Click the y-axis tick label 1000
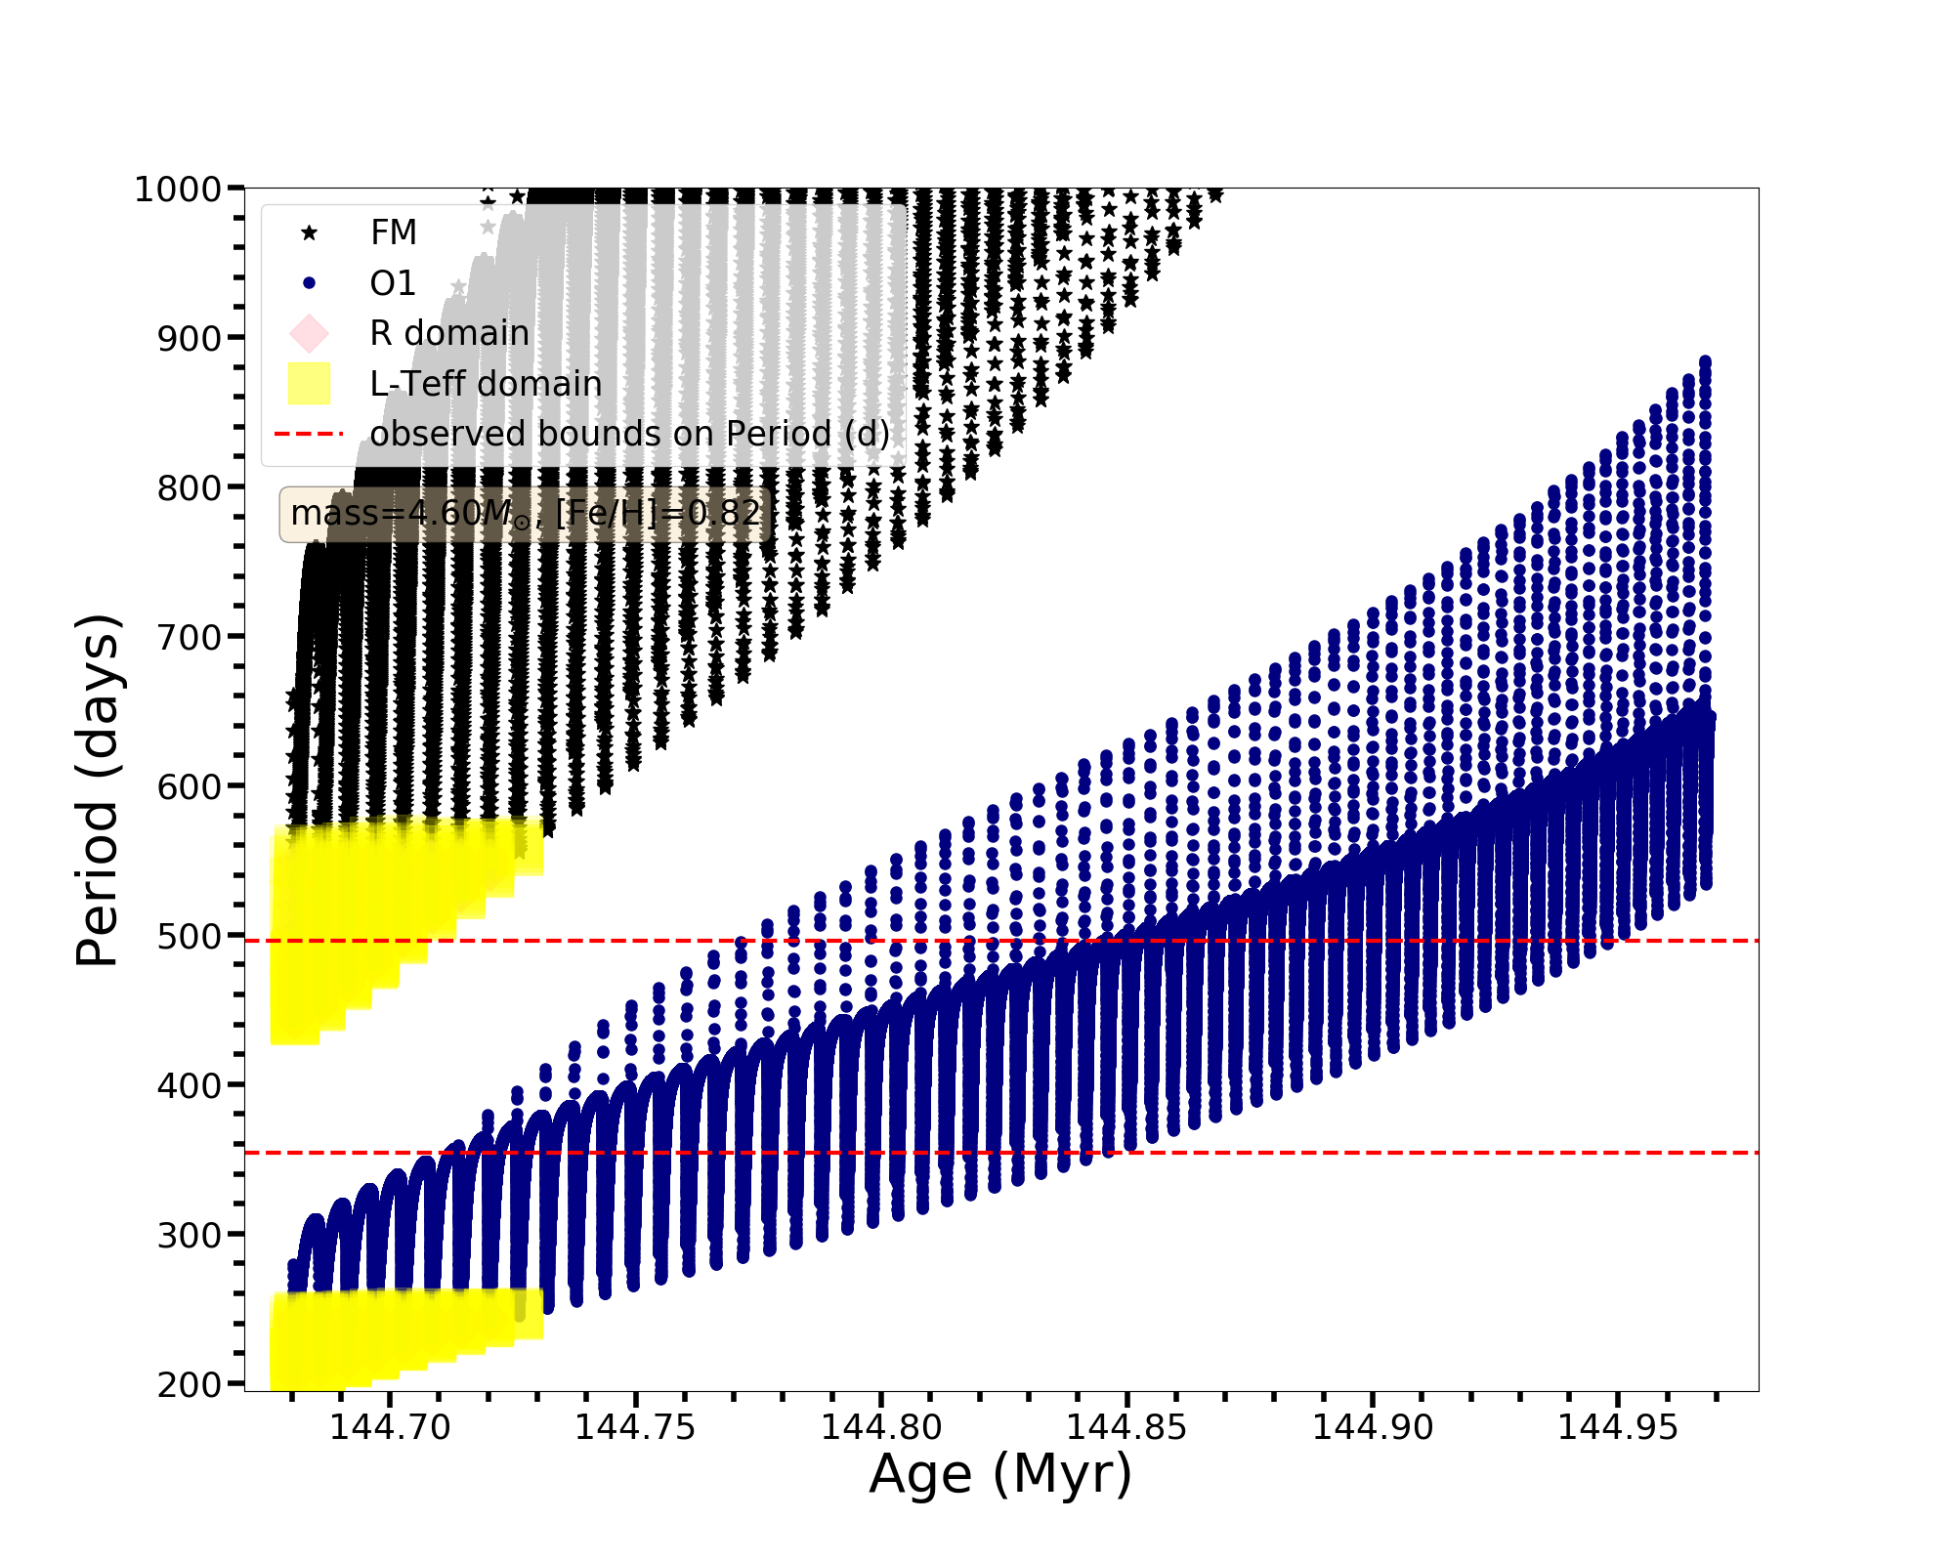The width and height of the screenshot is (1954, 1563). (178, 190)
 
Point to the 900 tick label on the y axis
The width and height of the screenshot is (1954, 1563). (190, 339)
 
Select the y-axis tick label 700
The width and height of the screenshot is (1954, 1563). (190, 638)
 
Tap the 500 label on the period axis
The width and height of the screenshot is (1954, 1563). (190, 937)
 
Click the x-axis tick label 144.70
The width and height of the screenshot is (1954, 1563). (390, 1427)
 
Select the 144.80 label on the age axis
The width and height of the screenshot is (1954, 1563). (881, 1427)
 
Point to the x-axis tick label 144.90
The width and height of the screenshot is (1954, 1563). (1373, 1427)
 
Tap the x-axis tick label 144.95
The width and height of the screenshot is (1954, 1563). (1618, 1427)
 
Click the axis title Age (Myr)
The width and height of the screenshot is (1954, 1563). (1000, 1474)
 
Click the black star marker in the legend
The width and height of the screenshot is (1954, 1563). (310, 232)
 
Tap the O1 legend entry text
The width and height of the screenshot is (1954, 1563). (393, 283)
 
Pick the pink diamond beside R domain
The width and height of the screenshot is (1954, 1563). (310, 333)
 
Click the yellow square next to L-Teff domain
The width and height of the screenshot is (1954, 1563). (310, 384)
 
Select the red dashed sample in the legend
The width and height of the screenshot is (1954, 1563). (310, 434)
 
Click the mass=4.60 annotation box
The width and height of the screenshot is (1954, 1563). (526, 514)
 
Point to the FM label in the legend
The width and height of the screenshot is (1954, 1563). (394, 232)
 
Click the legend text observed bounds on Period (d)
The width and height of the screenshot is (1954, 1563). (630, 434)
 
